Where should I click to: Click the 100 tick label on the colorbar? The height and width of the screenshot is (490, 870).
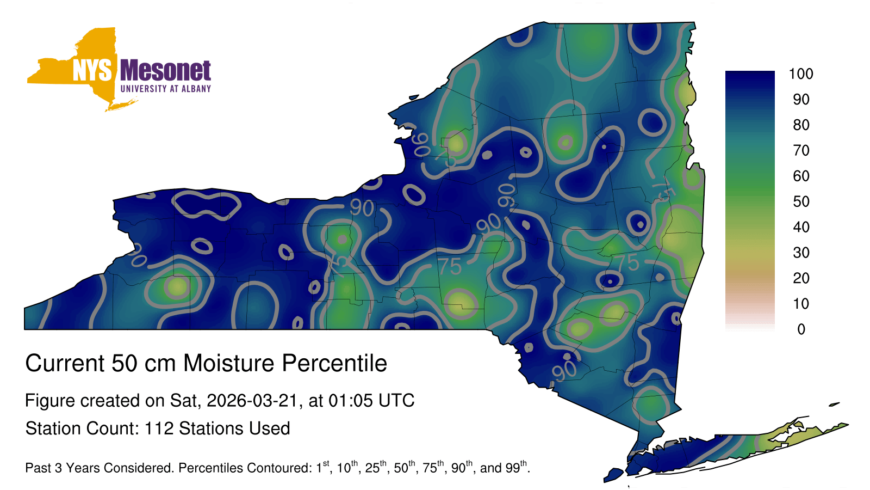click(801, 73)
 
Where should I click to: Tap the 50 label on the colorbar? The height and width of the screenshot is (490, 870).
click(801, 201)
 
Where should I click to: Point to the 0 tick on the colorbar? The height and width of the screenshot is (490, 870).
click(801, 329)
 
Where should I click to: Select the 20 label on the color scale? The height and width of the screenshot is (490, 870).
click(801, 278)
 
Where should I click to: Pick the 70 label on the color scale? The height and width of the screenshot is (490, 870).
click(801, 150)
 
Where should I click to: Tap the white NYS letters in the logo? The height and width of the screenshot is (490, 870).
click(92, 70)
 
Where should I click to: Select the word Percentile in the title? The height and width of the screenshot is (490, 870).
click(334, 363)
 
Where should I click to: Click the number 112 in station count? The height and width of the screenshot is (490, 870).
click(159, 428)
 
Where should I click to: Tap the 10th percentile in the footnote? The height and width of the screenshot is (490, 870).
click(347, 467)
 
